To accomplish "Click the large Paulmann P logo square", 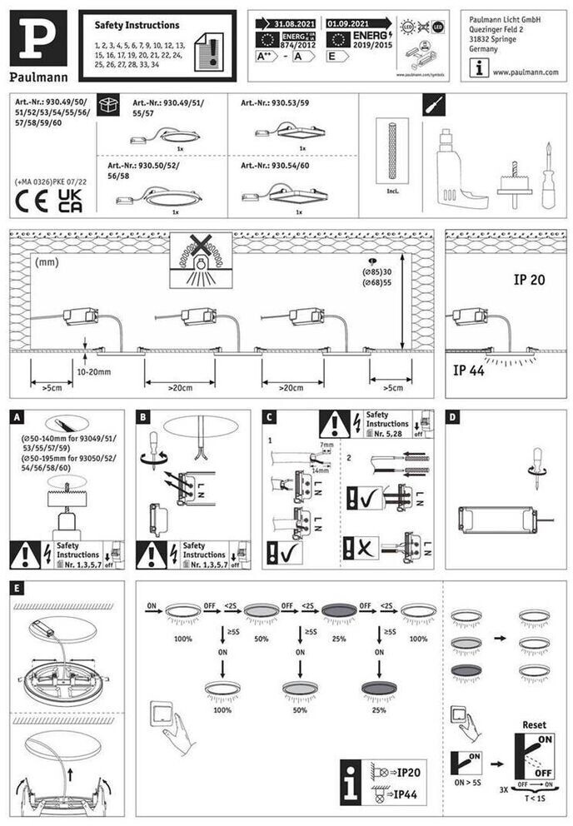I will point(37,37).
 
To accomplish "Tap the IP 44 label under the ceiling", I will point(469,371).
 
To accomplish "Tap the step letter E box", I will point(17,588).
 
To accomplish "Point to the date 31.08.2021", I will point(297,24).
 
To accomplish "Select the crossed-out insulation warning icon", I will point(201,261).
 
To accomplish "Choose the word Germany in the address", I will point(484,49).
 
